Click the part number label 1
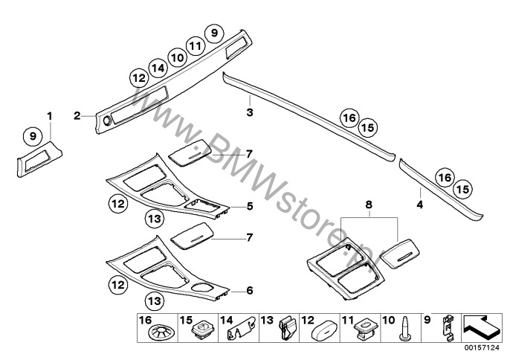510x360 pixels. pos(49,115)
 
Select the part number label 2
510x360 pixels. pos(77,115)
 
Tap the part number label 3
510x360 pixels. pos(250,112)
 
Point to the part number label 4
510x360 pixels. pos(420,205)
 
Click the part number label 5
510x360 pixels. pos(250,206)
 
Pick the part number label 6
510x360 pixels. pos(250,290)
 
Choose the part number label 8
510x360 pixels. pos(369,205)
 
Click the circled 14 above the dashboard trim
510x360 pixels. pos(158,68)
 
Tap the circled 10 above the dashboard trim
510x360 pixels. pos(177,57)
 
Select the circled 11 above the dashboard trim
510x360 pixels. pos(196,46)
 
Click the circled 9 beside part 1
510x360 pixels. pos(33,135)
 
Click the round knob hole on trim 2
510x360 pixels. pos(106,121)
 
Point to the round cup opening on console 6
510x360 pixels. pos(201,288)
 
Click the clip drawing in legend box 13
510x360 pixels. pos(288,329)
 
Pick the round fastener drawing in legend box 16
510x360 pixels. pos(161,333)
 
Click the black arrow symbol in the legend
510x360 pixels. pos(481,327)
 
